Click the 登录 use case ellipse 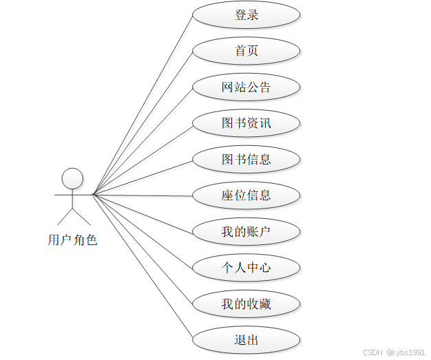pos(246,15)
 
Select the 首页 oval pos(246,51)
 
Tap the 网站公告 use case pos(246,87)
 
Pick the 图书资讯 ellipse pos(246,123)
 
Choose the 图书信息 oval pos(246,160)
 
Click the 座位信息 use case pos(246,195)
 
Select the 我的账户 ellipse pos(246,232)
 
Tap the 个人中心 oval pos(246,268)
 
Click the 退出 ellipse pos(246,340)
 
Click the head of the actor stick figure pos(72,179)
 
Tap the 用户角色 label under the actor pos(72,240)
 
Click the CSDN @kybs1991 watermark pos(395,352)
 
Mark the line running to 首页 pos(143,123)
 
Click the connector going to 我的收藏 pos(143,248)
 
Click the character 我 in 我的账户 pos(228,232)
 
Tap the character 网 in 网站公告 pos(228,87)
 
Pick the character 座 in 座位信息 pos(228,195)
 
